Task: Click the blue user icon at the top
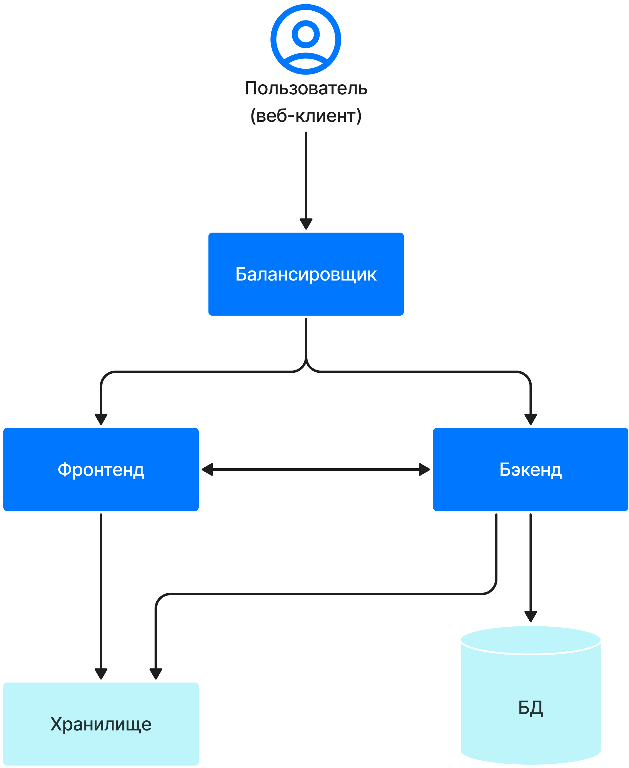306,39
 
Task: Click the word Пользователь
306,88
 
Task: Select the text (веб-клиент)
306,115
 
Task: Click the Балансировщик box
306,274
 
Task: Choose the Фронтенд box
101,469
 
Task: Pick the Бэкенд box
530,469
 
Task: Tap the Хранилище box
101,724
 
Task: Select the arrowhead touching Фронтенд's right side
207,469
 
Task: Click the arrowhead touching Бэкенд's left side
424,469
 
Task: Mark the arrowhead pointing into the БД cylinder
530,616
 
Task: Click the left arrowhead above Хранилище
101,673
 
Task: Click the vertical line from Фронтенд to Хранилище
101,587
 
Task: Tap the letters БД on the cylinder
530,708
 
